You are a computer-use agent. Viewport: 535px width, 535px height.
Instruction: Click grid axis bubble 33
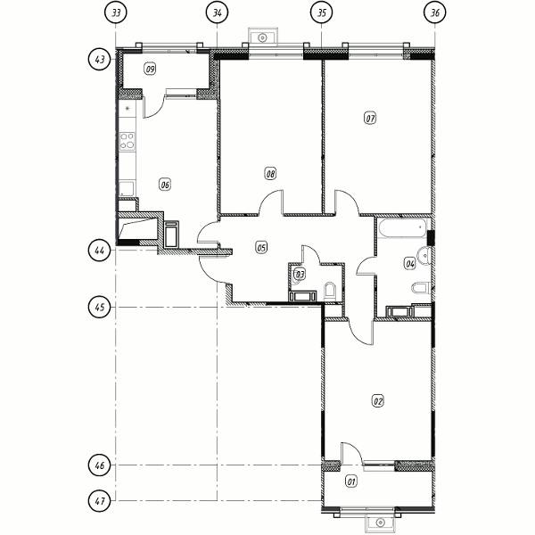116,13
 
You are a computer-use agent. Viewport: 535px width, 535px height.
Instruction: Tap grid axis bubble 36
435,13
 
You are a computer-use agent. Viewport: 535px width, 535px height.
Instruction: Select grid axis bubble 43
99,60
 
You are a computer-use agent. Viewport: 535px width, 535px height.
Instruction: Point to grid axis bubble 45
99,307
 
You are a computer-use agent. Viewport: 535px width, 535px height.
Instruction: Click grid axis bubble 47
99,501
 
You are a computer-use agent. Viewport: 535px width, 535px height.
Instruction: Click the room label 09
150,70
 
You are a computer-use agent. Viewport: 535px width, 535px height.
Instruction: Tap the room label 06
164,185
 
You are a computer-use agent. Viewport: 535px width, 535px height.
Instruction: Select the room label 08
270,174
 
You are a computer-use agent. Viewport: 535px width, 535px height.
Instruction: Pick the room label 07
370,119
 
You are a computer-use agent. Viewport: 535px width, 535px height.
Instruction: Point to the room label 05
261,247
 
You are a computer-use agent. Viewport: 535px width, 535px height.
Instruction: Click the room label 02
378,401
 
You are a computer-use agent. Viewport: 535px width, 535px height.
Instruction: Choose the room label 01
351,481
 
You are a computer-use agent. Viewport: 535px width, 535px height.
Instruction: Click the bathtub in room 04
403,228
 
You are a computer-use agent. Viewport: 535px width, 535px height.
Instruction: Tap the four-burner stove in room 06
127,141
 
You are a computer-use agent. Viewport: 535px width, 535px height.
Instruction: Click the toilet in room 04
420,288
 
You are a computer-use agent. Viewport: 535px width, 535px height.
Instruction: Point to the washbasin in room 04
425,254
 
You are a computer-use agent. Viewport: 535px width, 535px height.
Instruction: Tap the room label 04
410,263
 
